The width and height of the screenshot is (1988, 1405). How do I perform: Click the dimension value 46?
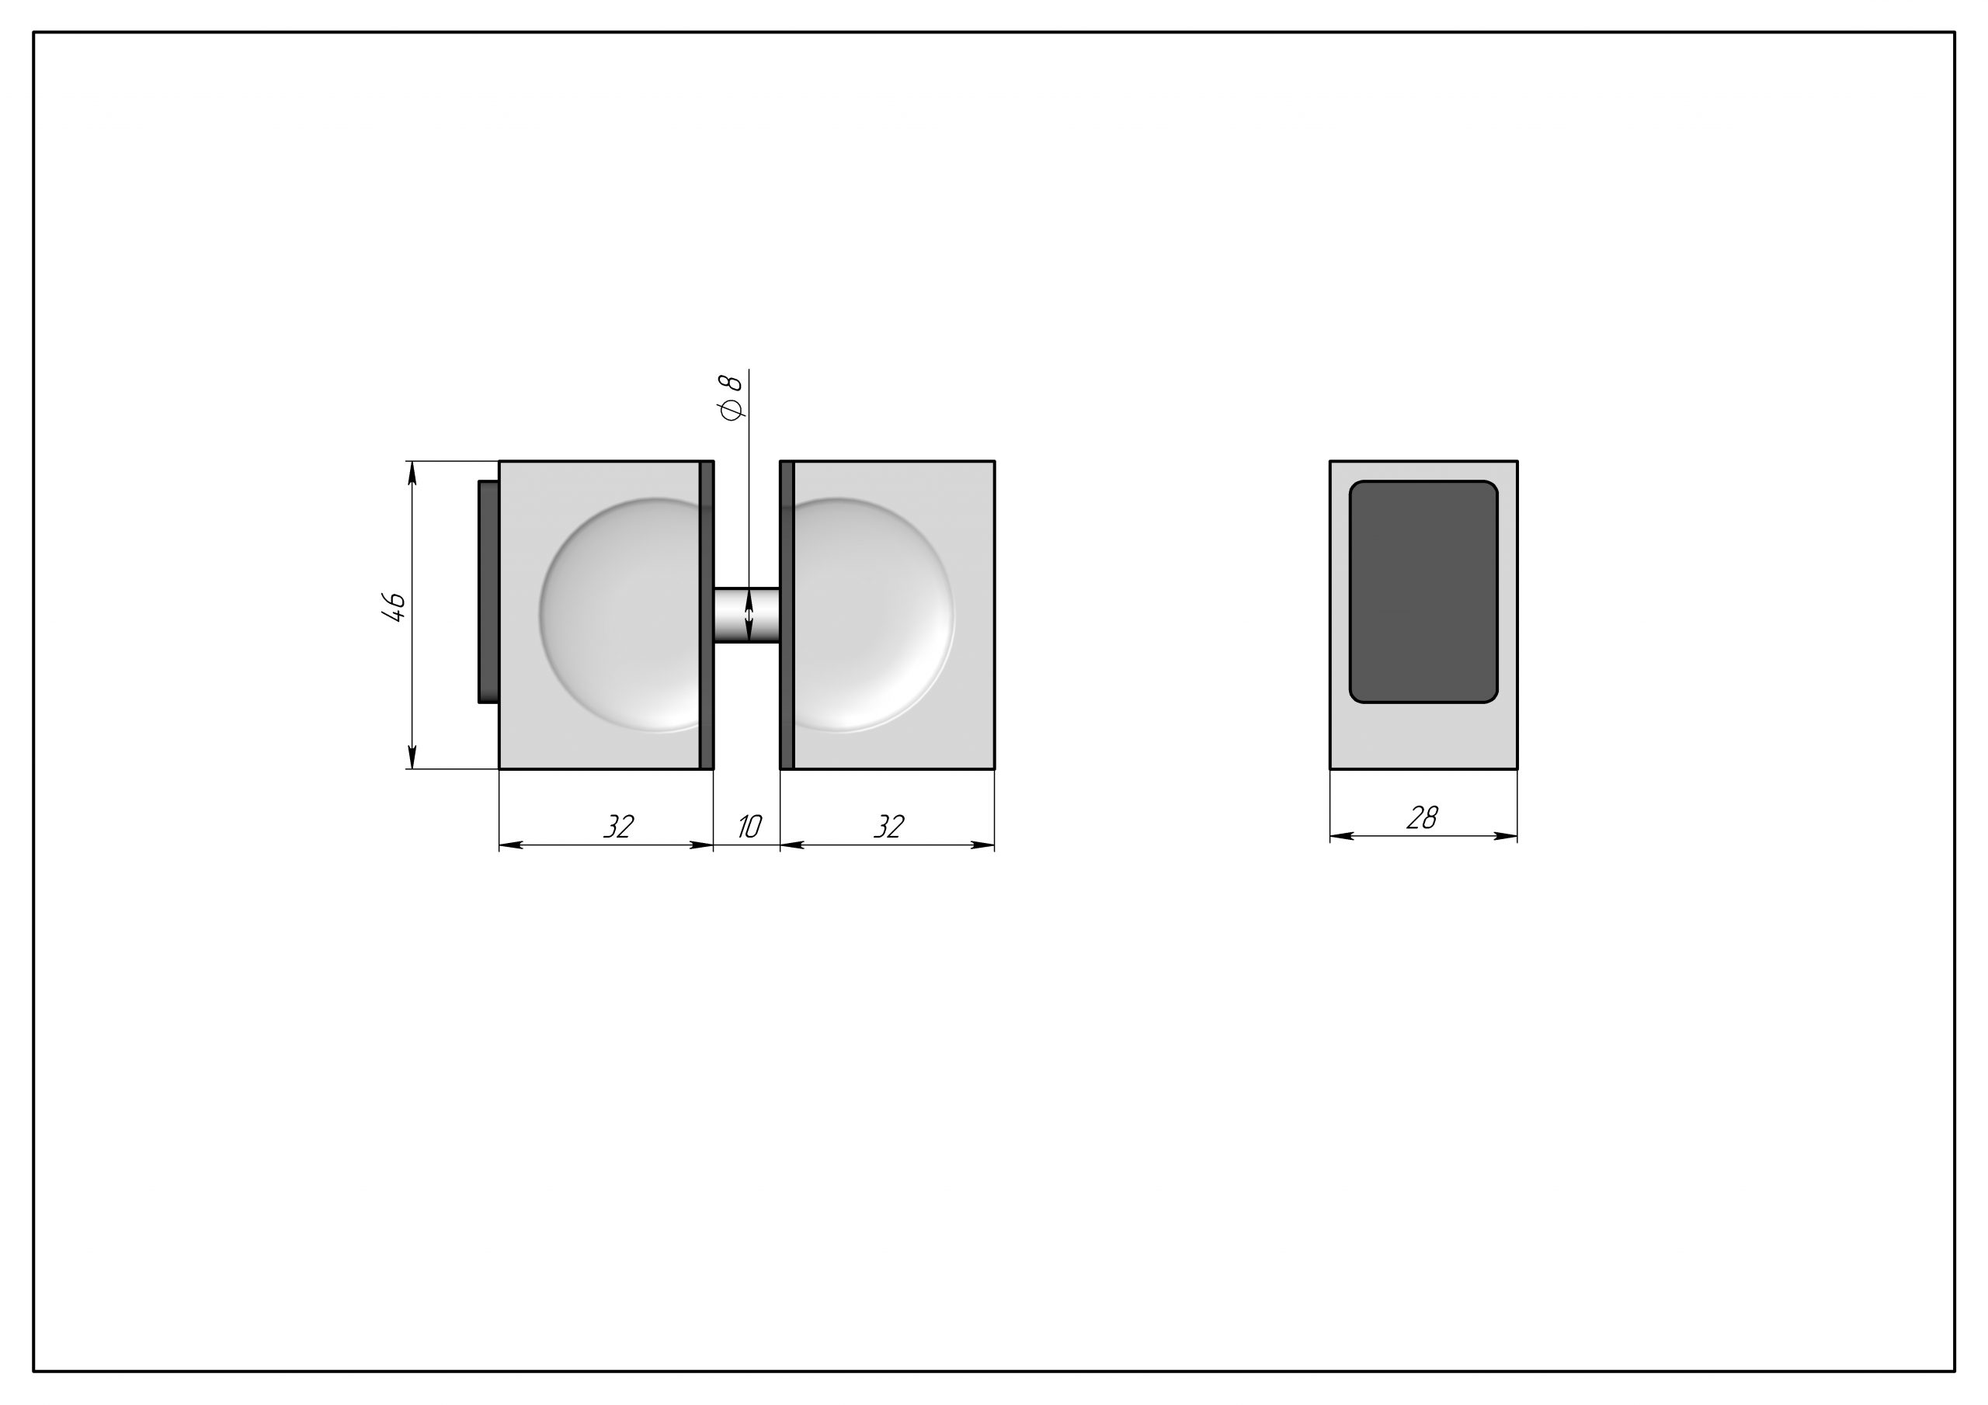click(x=394, y=608)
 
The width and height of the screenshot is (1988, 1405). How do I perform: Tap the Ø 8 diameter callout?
click(x=732, y=397)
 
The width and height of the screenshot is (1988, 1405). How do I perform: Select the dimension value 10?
click(x=749, y=827)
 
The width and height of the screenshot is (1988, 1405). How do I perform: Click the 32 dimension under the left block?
click(x=618, y=827)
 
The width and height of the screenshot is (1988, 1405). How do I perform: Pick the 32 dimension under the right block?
click(x=888, y=827)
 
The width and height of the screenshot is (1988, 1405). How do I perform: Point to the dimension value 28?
click(x=1423, y=817)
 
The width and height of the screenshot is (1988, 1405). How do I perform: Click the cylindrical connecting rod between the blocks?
click(x=747, y=615)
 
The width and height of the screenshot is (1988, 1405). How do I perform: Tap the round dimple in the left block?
click(x=620, y=615)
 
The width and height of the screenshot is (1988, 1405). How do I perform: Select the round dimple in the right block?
click(x=873, y=615)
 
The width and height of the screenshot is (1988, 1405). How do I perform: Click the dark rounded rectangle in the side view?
click(x=1423, y=591)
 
